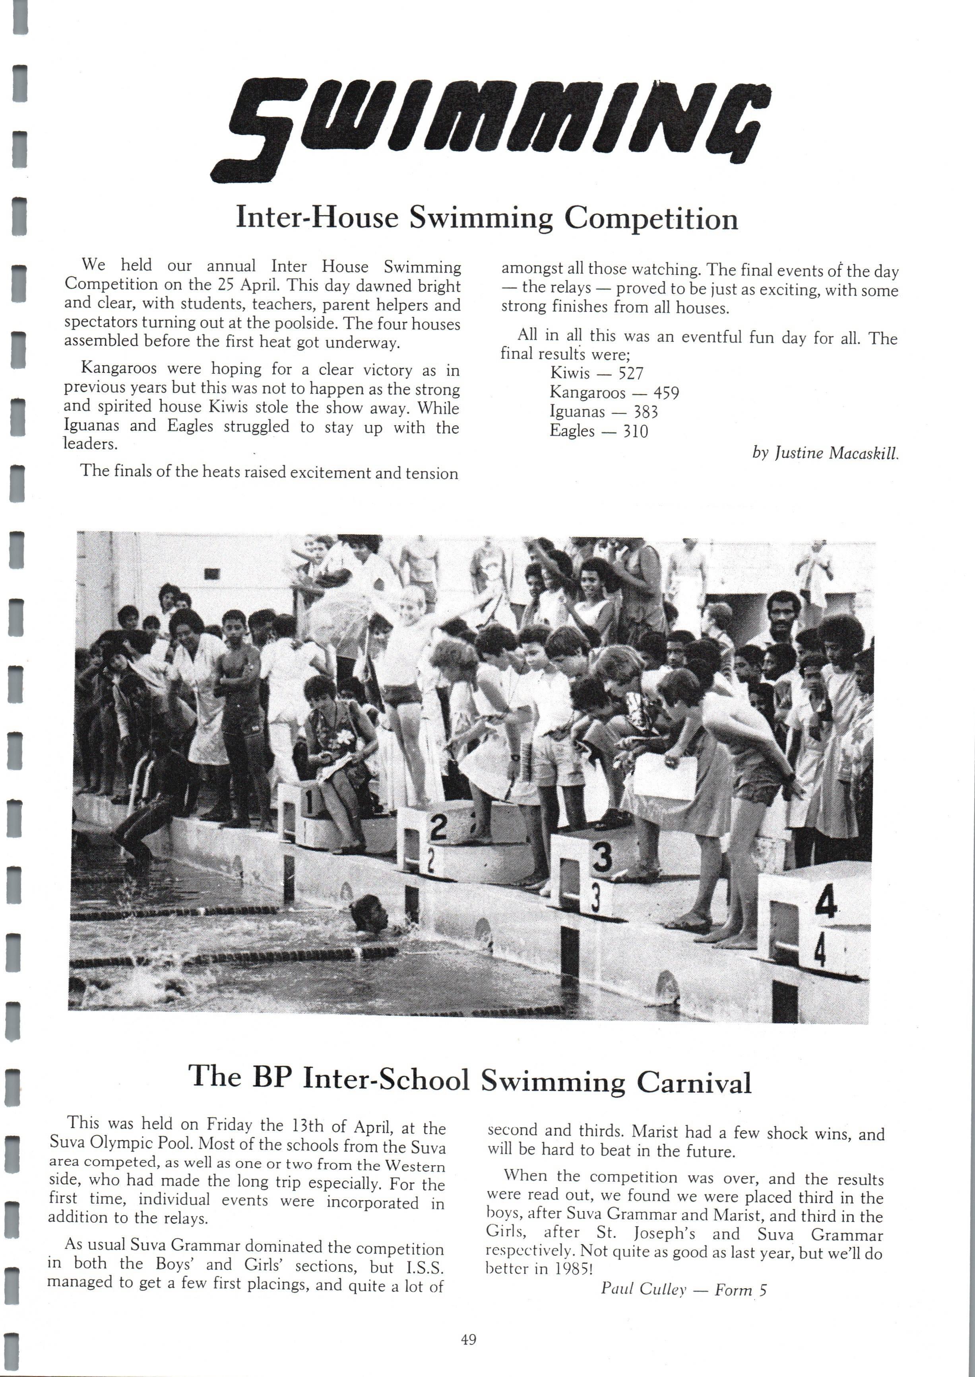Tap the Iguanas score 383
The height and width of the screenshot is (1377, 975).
[x=646, y=412]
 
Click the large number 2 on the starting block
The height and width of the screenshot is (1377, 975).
[x=438, y=828]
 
